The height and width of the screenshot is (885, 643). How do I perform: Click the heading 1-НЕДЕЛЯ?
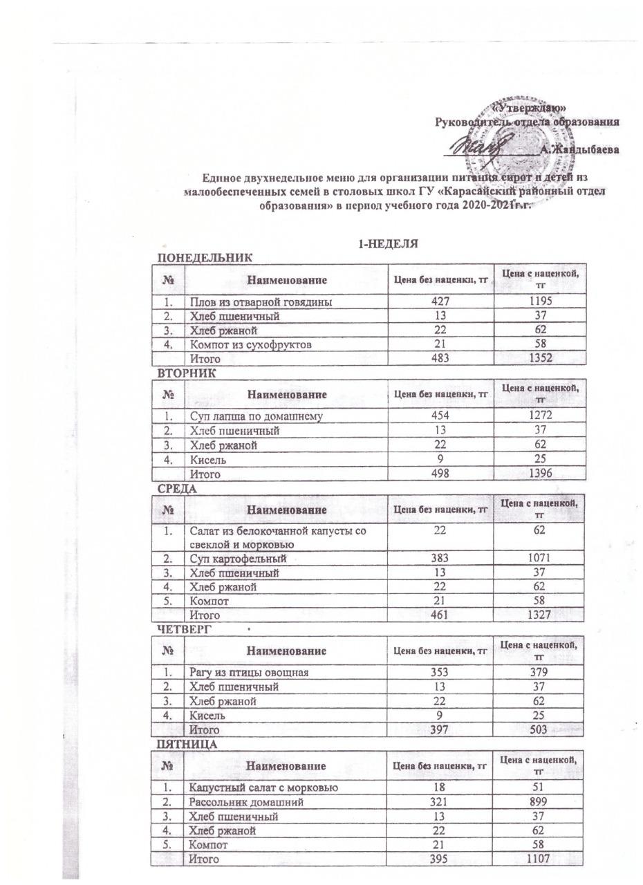[x=388, y=244]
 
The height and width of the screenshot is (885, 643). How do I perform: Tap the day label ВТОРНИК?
[x=187, y=373]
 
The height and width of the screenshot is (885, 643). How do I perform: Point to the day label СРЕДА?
[x=178, y=489]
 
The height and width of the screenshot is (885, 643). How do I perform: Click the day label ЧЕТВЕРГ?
[x=185, y=629]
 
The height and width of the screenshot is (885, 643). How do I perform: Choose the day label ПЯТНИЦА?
[x=187, y=745]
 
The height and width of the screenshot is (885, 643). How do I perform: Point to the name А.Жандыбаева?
[x=579, y=149]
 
